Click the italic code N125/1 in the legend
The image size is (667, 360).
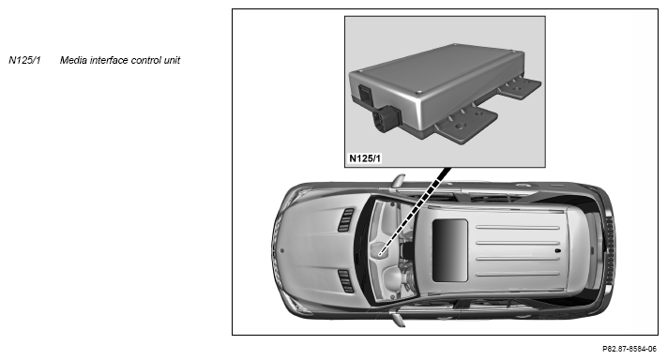click(24, 60)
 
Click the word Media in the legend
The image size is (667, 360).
click(71, 60)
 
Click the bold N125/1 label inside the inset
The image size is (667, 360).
click(365, 158)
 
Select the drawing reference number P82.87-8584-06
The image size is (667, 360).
click(629, 349)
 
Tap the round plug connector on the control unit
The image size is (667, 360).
click(385, 119)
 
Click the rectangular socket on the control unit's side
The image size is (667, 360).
click(365, 95)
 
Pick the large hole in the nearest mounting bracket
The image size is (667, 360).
click(460, 127)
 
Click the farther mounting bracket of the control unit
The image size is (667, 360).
click(520, 86)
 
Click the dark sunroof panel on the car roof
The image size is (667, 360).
click(449, 250)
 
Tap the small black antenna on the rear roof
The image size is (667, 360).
click(557, 250)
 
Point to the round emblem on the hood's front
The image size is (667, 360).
click(282, 250)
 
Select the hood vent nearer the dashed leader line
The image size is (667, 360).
click(345, 219)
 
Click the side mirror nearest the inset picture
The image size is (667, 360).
click(398, 181)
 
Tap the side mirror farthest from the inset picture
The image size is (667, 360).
click(398, 320)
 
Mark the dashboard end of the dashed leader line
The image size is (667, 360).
click(380, 254)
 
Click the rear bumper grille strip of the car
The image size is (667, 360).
click(610, 250)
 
